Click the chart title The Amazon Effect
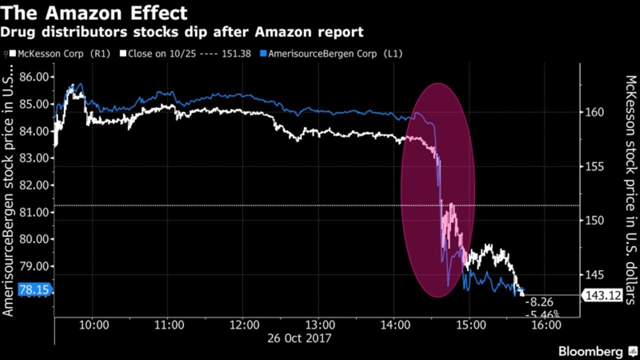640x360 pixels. pos(94,12)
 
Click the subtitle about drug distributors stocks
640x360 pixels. pos(181,32)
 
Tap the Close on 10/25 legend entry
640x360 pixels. pos(189,53)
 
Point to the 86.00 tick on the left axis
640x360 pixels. pos(36,77)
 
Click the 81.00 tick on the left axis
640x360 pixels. pos(36,212)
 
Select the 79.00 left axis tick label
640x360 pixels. pos(36,266)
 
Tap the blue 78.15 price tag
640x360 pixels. pos(34,290)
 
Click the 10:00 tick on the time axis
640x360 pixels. pos(93,325)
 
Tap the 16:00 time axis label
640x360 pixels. pos(545,325)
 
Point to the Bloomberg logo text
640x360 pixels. pos(591,351)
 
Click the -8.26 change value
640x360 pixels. pos(541,302)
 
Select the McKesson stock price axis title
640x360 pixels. pos(630,190)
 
